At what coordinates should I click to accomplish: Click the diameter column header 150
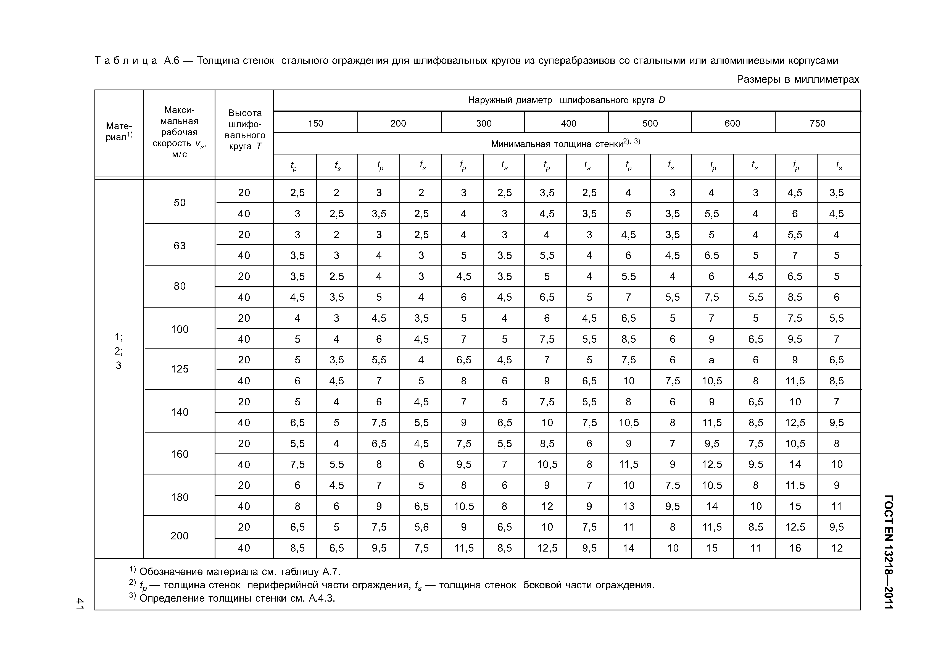pyautogui.click(x=316, y=123)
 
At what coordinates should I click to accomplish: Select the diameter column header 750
pyautogui.click(x=818, y=123)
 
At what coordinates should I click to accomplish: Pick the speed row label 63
pyautogui.click(x=180, y=246)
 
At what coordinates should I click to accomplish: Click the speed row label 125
pyautogui.click(x=180, y=369)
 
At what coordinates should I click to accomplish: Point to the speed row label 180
pyautogui.click(x=180, y=497)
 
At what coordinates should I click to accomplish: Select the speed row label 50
pyautogui.click(x=180, y=203)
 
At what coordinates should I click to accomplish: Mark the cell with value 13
pyautogui.click(x=629, y=506)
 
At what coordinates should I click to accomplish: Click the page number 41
pyautogui.click(x=80, y=604)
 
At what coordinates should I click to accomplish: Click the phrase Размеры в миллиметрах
pyautogui.click(x=798, y=80)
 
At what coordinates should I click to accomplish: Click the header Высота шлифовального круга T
pyautogui.click(x=245, y=129)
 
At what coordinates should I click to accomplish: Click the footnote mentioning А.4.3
pyautogui.click(x=237, y=598)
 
